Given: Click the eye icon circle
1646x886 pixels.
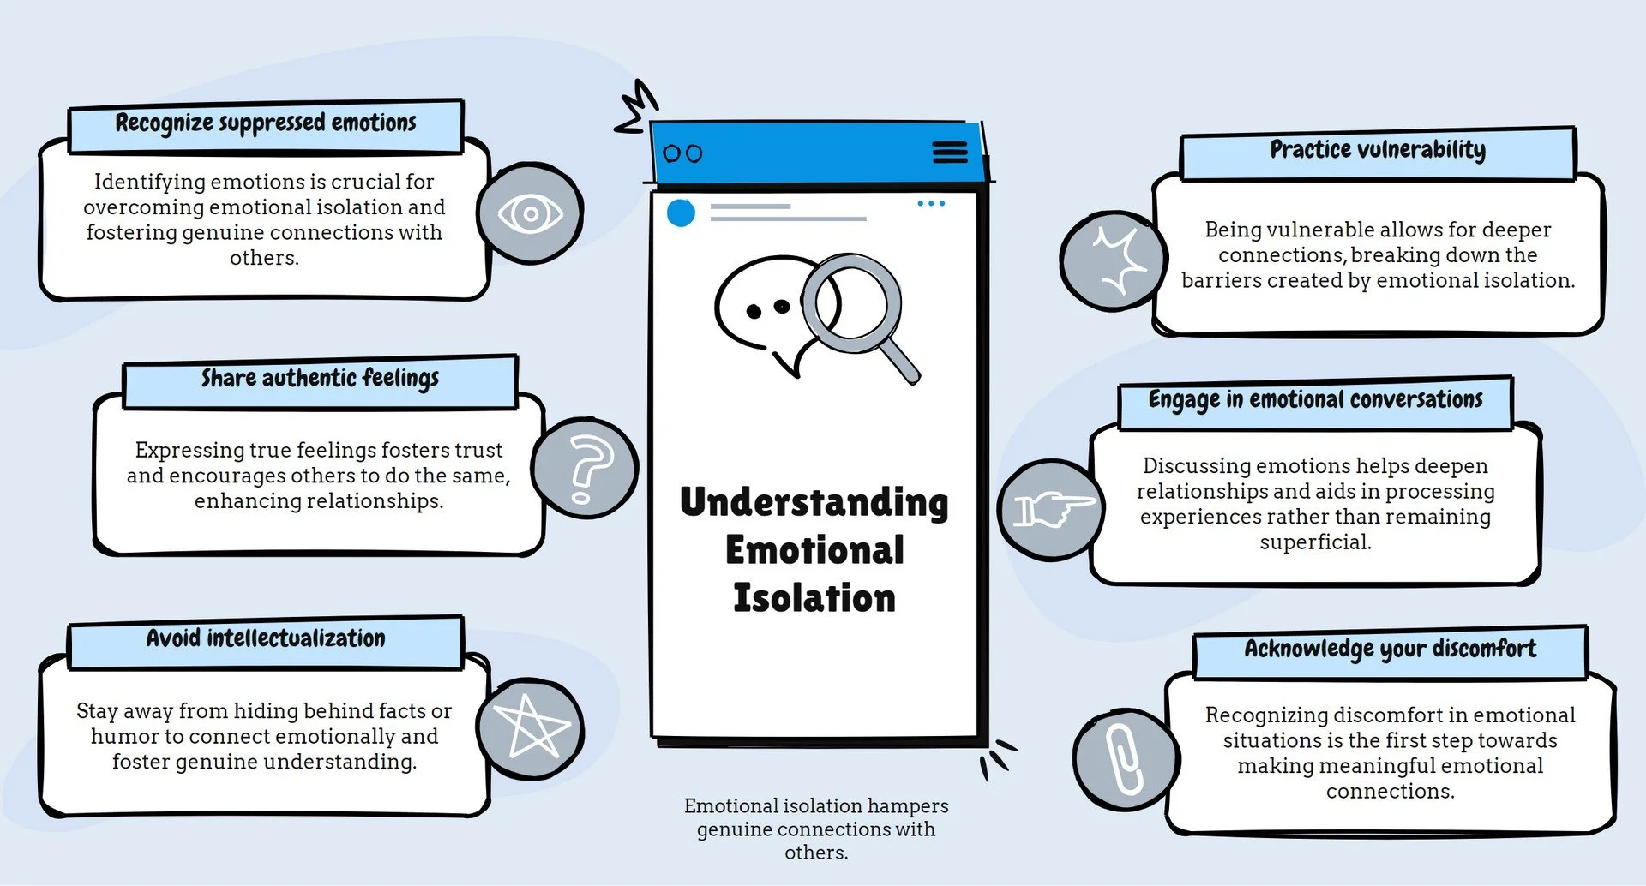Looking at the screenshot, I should tap(530, 213).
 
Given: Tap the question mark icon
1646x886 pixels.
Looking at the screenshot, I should tap(585, 468).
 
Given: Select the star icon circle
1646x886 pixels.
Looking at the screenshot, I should tap(532, 728).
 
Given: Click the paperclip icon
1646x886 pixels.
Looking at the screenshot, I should tap(1124, 759).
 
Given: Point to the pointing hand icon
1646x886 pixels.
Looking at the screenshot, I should tap(1051, 509).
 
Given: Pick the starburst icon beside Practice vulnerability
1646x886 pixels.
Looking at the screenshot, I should tap(1113, 260).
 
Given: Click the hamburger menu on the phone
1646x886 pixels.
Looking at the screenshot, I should tap(949, 153).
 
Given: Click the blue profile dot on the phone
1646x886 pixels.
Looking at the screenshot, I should tap(681, 213).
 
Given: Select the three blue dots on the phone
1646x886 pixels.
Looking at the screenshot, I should tap(931, 204).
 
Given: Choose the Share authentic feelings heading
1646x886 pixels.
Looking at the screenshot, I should tap(320, 379).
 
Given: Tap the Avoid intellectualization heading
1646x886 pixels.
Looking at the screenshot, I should tap(266, 639).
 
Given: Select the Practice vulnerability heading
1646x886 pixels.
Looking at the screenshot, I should tap(1378, 151).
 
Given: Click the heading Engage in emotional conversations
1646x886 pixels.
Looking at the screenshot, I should tap(1315, 400).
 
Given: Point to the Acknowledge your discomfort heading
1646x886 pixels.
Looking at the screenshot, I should tap(1390, 650).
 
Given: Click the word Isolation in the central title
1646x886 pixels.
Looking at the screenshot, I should tap(814, 598).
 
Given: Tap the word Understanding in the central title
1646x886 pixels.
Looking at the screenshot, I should tap(814, 503).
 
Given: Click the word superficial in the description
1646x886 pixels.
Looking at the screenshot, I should tap(1315, 542).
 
